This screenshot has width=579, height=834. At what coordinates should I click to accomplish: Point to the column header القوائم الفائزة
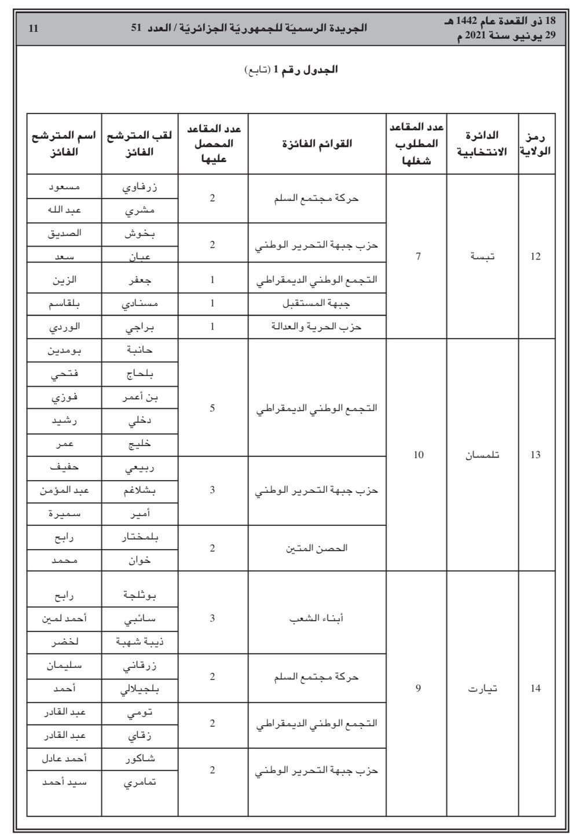(x=317, y=144)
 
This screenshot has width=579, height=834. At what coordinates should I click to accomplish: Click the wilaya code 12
(x=536, y=256)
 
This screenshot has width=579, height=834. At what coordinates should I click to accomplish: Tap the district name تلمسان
(x=483, y=455)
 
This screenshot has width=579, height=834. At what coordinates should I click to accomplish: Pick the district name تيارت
(x=482, y=688)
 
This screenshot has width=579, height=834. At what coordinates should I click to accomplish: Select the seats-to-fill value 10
(x=418, y=455)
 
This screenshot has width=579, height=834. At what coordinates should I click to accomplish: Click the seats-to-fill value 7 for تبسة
(x=418, y=256)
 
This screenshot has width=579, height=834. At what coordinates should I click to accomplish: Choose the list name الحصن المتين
(x=317, y=548)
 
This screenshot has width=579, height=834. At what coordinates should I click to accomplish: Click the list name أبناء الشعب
(x=317, y=618)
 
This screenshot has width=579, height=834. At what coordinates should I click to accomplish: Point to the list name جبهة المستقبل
(x=317, y=303)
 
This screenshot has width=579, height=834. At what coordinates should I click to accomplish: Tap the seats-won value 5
(x=212, y=408)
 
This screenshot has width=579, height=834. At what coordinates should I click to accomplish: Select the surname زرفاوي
(x=141, y=186)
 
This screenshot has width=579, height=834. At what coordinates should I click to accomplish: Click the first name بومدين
(x=64, y=350)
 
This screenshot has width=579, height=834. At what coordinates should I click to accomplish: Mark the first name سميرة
(x=64, y=513)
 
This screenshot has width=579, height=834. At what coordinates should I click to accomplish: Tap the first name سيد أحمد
(x=64, y=781)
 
